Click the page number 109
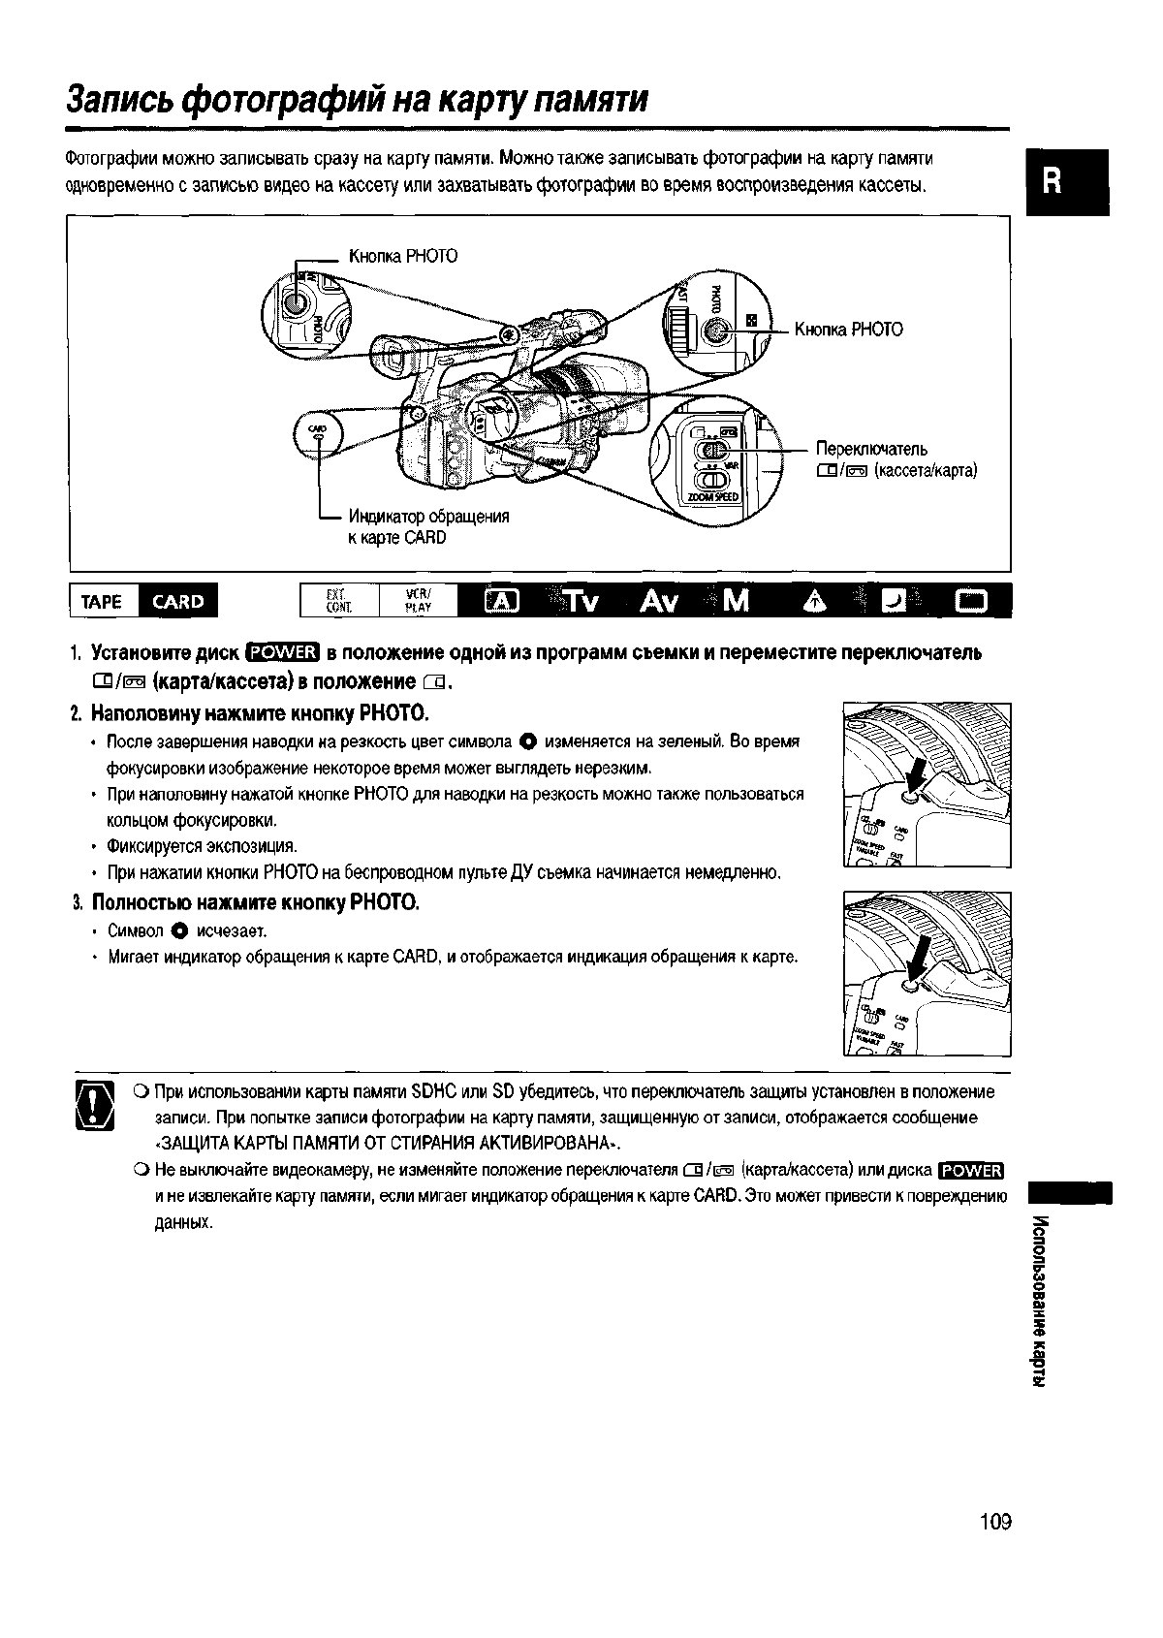(x=994, y=1522)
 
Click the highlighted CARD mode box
(x=178, y=602)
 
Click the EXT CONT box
(x=338, y=602)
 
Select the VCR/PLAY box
(x=418, y=602)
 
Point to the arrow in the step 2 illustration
(x=916, y=778)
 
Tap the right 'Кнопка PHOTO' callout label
(x=848, y=330)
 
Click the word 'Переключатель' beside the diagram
(x=871, y=449)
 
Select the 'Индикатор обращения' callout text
(x=428, y=517)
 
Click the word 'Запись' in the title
(x=121, y=99)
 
